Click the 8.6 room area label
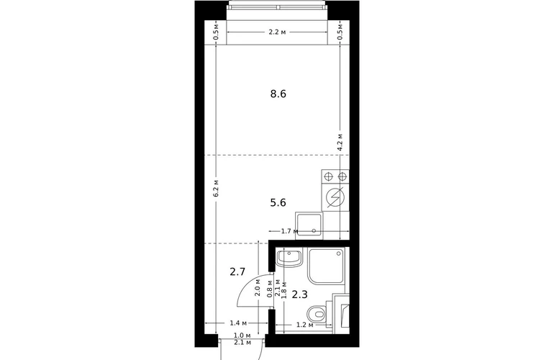click(x=278, y=94)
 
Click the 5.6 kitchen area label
click(x=278, y=202)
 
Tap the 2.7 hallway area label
click(x=237, y=272)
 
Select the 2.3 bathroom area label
click(x=299, y=294)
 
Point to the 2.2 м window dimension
click(x=277, y=32)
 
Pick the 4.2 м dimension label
click(x=340, y=143)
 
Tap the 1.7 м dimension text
click(x=290, y=231)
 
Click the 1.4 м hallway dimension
click(x=238, y=323)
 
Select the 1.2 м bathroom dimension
click(x=305, y=325)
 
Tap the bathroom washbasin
click(x=289, y=257)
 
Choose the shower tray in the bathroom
click(x=327, y=266)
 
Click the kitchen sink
click(x=309, y=225)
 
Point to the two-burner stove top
click(x=335, y=176)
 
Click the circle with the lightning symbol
click(x=335, y=198)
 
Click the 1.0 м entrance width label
click(x=242, y=336)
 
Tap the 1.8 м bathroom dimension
click(x=283, y=289)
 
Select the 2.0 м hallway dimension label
click(x=258, y=287)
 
